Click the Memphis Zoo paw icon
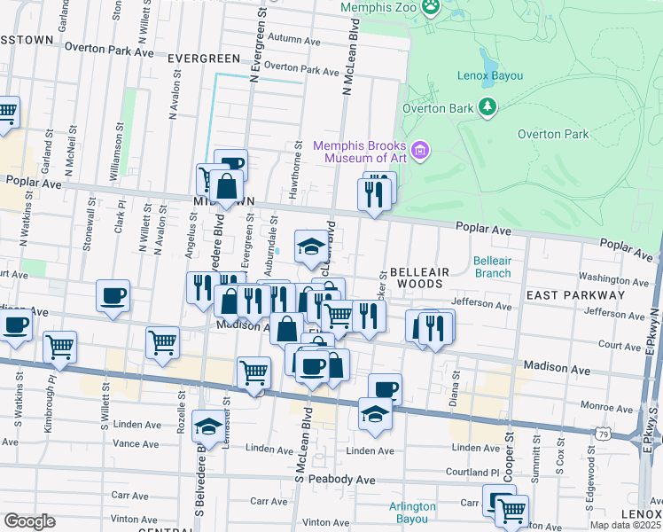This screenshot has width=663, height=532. pyautogui.click(x=431, y=8)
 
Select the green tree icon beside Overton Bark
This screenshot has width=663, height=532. pyautogui.click(x=487, y=107)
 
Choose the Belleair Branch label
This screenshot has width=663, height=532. pyautogui.click(x=492, y=267)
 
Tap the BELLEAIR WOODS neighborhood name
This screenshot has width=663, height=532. pyautogui.click(x=415, y=278)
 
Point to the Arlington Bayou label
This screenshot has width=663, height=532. pyautogui.click(x=412, y=513)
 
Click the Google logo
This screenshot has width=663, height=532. pyautogui.click(x=29, y=521)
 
